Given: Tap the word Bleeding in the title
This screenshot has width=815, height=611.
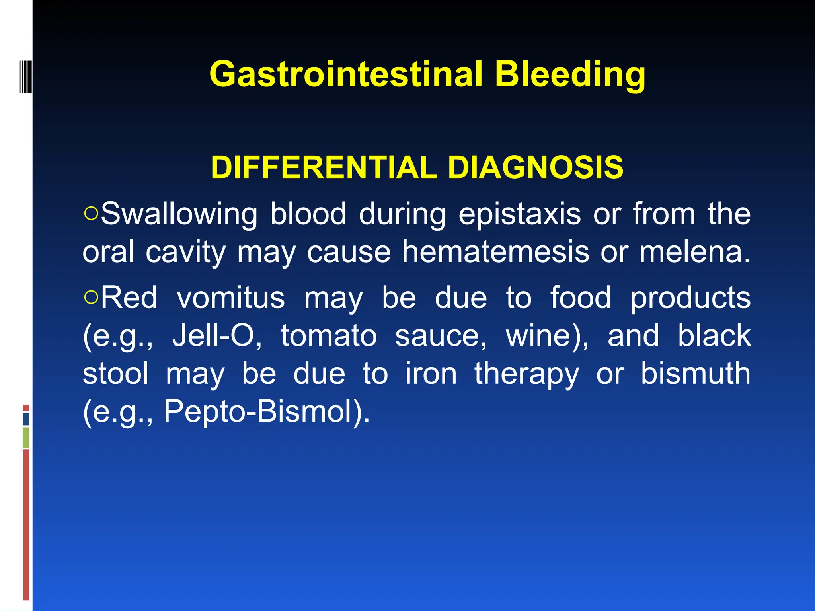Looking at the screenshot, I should pyautogui.click(x=570, y=75).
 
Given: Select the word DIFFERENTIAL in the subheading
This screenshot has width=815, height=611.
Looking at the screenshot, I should pyautogui.click(x=324, y=167).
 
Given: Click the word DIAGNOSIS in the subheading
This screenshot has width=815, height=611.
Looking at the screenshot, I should pyautogui.click(x=535, y=167).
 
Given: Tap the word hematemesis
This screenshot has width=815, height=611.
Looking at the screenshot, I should pyautogui.click(x=495, y=252).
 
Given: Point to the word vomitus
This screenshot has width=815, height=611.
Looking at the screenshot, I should pyautogui.click(x=231, y=298).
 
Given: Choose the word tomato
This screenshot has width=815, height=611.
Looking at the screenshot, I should pyautogui.click(x=329, y=336).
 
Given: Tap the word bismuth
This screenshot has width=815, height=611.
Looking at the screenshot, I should pyautogui.click(x=695, y=374).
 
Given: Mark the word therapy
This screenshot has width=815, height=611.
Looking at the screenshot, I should pyautogui.click(x=526, y=374).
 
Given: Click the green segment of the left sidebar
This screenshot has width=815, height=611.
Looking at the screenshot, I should pyautogui.click(x=26, y=437).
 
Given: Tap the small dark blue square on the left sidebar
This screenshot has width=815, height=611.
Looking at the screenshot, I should pyautogui.click(x=26, y=419).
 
